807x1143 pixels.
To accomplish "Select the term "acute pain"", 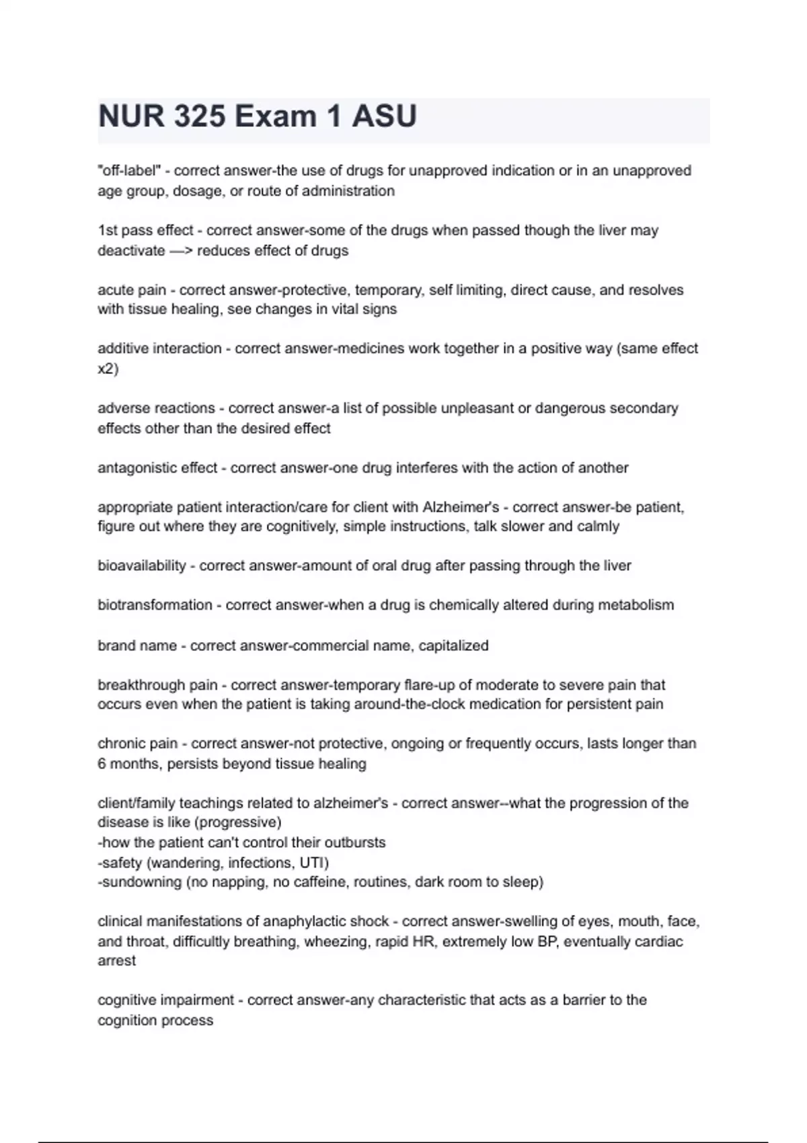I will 132,290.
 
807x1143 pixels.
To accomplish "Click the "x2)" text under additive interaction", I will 108,369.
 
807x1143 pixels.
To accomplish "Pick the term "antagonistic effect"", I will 157,468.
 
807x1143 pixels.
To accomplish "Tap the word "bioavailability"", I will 141,566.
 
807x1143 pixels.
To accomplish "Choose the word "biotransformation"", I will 155,605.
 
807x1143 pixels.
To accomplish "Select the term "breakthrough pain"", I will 157,685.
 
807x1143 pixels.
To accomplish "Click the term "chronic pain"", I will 138,744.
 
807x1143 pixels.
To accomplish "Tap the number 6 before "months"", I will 102,764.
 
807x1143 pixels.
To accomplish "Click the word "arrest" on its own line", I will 116,961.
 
